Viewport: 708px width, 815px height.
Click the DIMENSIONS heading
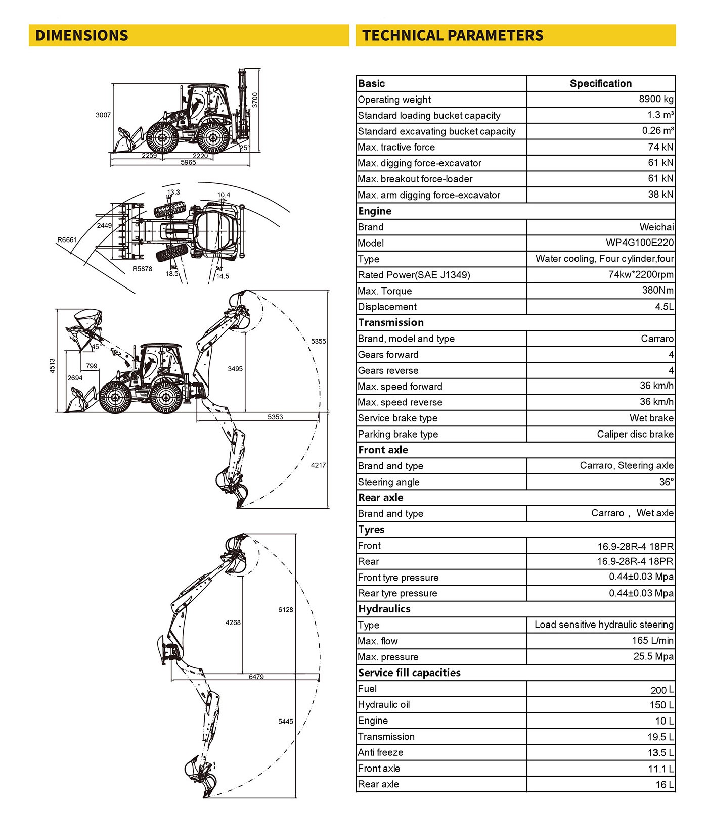[81, 35]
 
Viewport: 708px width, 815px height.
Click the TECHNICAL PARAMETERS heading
[453, 35]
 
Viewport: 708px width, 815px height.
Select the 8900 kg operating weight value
[656, 99]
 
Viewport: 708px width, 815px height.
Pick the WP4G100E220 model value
[640, 243]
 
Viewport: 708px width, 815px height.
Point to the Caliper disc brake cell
[635, 434]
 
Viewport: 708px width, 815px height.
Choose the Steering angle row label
[388, 482]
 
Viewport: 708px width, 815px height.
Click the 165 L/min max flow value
[652, 641]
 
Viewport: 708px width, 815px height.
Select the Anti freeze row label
[380, 752]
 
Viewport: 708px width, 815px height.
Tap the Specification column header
[601, 83]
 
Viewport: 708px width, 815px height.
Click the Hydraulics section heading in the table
[384, 609]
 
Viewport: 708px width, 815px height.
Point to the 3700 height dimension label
[255, 100]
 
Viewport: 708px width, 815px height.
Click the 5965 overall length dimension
[188, 163]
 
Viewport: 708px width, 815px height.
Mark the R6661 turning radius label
[67, 239]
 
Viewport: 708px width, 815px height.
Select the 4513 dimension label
[52, 366]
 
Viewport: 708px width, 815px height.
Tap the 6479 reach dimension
[256, 677]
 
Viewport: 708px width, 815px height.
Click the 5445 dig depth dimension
[286, 722]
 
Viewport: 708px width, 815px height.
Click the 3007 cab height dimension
[103, 115]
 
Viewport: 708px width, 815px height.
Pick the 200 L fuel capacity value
[662, 690]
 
